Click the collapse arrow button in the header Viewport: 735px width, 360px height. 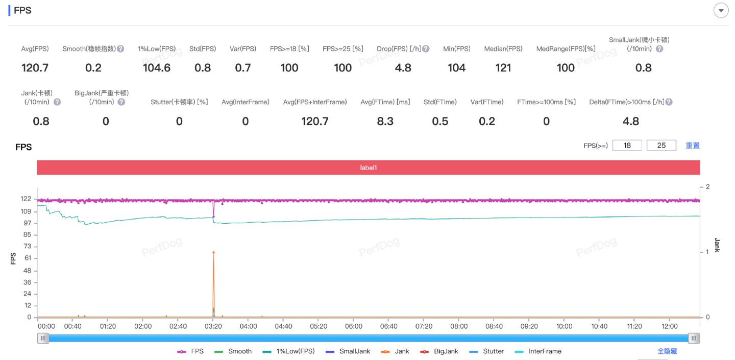(721, 11)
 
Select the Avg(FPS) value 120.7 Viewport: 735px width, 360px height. (35, 68)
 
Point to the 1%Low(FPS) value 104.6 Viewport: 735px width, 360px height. (157, 68)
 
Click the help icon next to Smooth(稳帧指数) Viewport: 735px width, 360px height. (120, 49)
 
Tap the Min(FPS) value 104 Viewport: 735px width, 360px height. (456, 68)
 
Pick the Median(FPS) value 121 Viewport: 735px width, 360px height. (503, 68)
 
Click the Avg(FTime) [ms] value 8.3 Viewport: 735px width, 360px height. (385, 121)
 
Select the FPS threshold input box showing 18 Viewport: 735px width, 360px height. (627, 146)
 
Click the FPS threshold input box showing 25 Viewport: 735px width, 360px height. (661, 146)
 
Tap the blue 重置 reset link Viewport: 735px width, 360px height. (692, 146)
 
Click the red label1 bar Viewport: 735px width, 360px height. (368, 167)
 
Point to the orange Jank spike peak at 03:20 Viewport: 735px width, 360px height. (213, 252)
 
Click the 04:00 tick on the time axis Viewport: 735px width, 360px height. (248, 326)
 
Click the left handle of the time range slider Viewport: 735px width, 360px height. (43, 338)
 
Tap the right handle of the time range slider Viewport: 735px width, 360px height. (694, 338)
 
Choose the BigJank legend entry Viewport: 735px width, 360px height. (440, 351)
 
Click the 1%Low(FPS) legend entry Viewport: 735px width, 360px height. (289, 351)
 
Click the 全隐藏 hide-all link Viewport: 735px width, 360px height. (667, 351)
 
